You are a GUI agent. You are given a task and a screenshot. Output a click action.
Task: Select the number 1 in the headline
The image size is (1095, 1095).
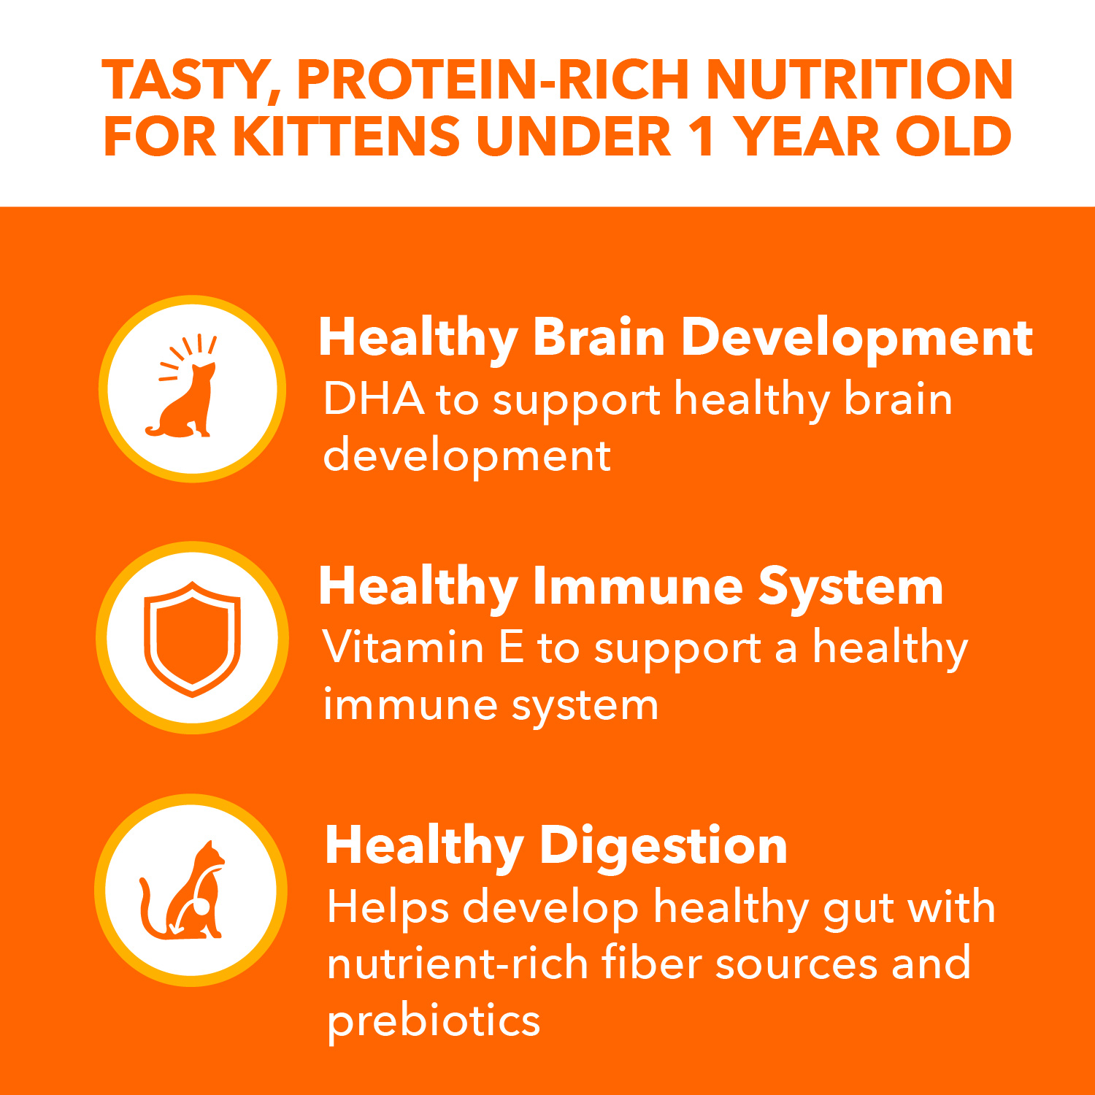(702, 137)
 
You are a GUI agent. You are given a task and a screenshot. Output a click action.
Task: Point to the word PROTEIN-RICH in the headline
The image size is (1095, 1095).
(493, 80)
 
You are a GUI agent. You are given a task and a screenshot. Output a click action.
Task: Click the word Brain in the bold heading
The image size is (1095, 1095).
(599, 338)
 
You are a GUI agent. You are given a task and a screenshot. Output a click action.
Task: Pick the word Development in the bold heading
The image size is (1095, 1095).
(857, 338)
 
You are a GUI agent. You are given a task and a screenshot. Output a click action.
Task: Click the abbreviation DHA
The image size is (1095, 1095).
(374, 399)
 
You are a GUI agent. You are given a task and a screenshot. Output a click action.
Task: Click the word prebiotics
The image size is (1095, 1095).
(433, 1021)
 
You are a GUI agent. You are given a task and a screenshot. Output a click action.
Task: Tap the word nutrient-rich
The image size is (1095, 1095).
(457, 964)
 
